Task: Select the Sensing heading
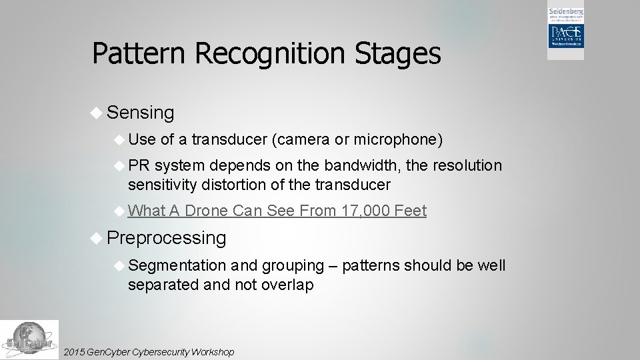[140, 113]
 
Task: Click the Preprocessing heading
[166, 237]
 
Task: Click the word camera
[303, 139]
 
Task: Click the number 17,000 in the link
[365, 211]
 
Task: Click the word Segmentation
[177, 265]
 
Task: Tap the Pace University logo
[565, 33]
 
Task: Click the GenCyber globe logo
[29, 340]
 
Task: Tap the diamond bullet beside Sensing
[96, 113]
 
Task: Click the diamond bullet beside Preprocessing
[96, 238]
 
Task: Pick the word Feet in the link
[410, 211]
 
